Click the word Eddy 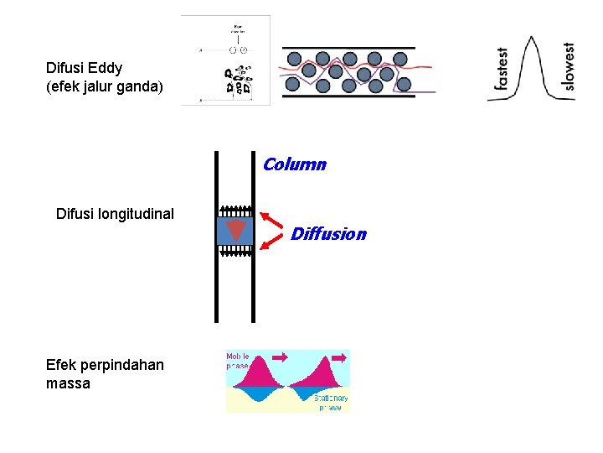pos(105,68)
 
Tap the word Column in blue pos(294,164)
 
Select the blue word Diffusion pos(328,234)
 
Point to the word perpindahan pos(123,365)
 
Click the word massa pos(69,383)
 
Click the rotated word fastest pos(501,68)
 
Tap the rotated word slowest pos(569,66)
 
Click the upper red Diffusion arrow pos(272,220)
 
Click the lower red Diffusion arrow pos(272,241)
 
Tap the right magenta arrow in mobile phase pos(339,357)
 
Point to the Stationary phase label pos(330,403)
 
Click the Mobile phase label pos(238,362)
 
